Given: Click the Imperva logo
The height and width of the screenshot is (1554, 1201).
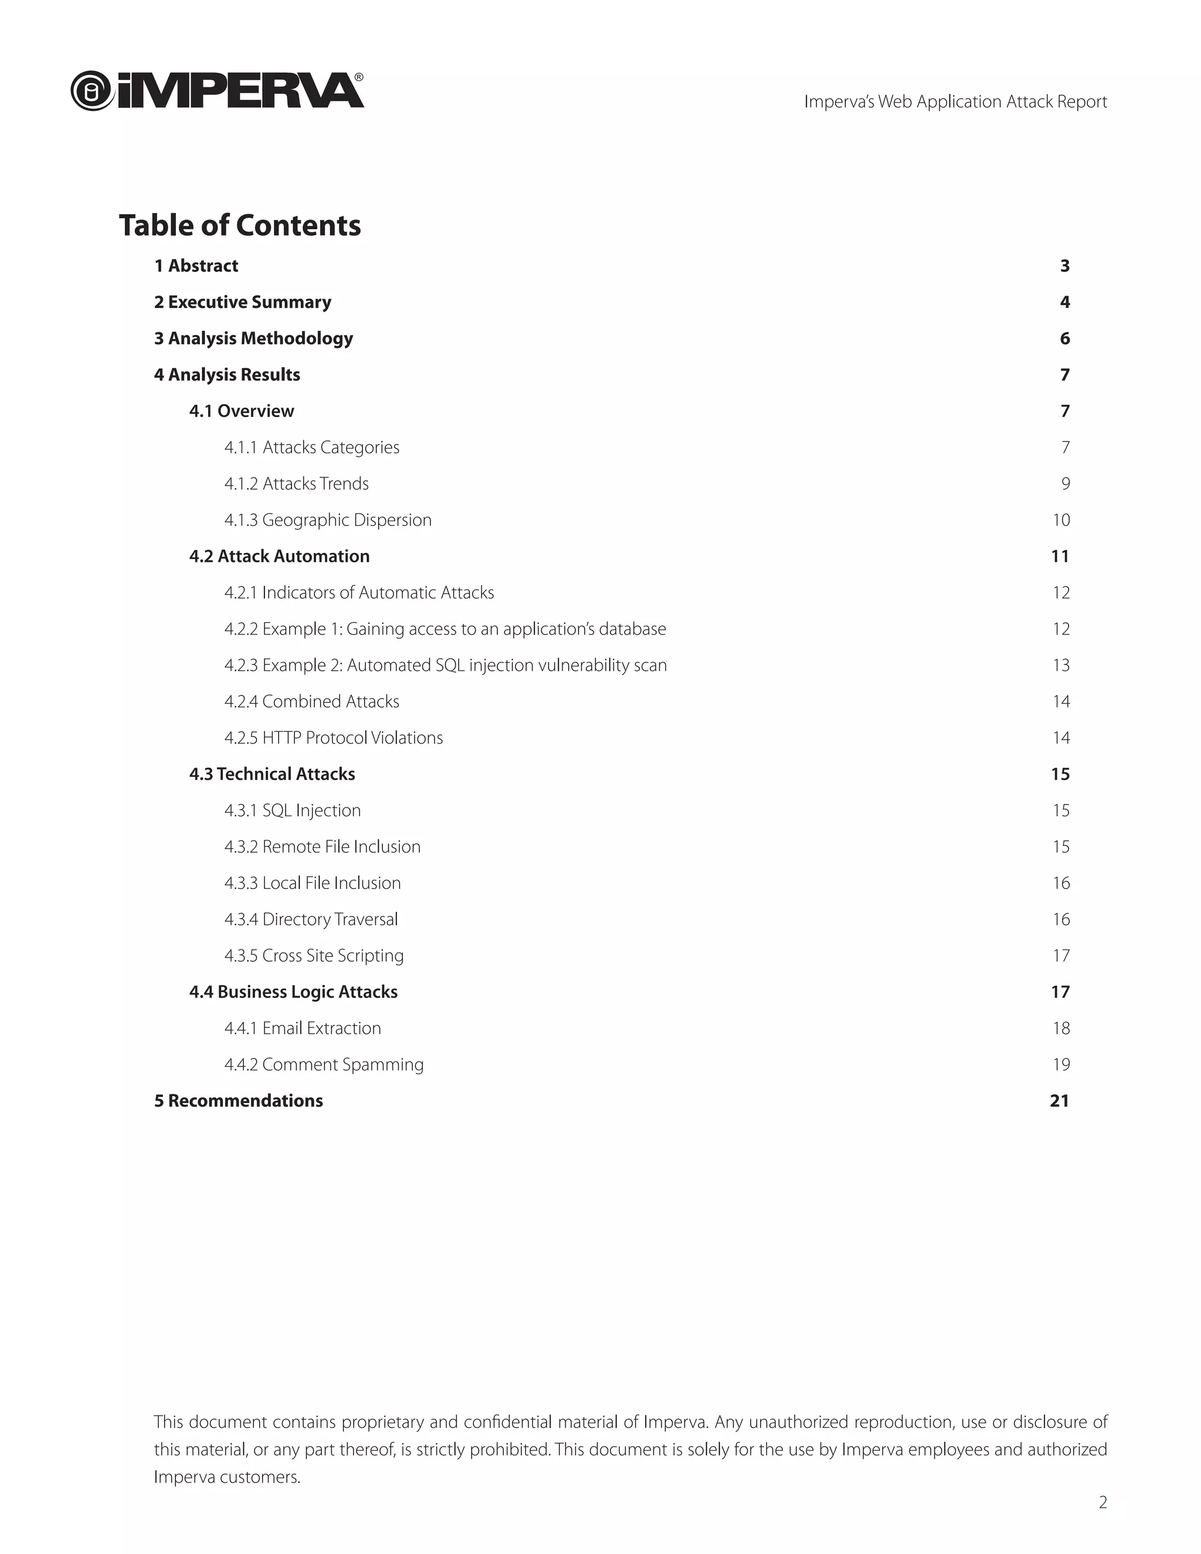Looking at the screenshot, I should [x=217, y=91].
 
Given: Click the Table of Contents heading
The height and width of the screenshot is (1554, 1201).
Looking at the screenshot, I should [x=240, y=226].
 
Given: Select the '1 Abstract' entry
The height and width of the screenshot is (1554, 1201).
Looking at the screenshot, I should [x=196, y=266].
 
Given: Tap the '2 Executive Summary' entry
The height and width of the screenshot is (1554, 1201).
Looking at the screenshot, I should [x=243, y=303].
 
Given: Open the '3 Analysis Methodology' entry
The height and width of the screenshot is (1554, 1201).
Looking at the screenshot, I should [x=253, y=339].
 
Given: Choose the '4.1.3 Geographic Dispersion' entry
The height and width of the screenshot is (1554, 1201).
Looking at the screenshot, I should [x=328, y=520].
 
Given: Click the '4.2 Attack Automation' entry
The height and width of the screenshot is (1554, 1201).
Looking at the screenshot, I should [x=280, y=557].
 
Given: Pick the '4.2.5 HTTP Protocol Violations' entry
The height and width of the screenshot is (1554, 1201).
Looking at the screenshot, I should [x=334, y=738].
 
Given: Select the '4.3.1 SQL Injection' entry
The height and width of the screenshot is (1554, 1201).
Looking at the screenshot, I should [x=293, y=810].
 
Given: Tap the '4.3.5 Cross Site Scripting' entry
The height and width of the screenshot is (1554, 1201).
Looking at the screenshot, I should [x=314, y=956].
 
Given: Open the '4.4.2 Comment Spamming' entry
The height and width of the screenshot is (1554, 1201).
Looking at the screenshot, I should [x=324, y=1064].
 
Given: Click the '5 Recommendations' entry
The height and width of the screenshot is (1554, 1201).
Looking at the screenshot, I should [x=238, y=1101].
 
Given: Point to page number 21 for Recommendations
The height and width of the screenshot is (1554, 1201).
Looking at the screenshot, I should [x=1060, y=1101].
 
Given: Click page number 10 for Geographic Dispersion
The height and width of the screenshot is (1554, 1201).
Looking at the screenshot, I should [x=1061, y=520].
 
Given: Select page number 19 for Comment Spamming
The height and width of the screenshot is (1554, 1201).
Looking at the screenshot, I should [x=1061, y=1064].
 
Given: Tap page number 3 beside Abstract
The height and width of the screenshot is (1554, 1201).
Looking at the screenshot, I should [x=1064, y=266].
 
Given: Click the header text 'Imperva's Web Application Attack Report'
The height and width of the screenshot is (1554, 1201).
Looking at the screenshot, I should [x=955, y=102].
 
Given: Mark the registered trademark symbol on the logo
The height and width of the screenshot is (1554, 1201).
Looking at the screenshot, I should [x=358, y=77].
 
